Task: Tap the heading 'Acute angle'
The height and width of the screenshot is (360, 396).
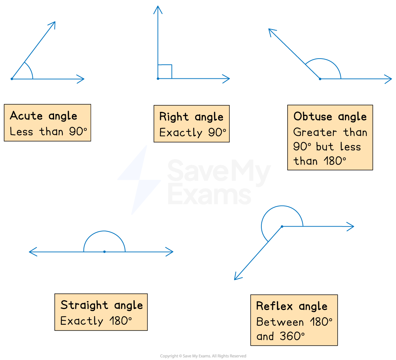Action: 44,116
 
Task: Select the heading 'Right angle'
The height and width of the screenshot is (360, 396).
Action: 191,117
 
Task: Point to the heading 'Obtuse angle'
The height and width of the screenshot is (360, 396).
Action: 330,117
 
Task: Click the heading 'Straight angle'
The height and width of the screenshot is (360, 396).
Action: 102,305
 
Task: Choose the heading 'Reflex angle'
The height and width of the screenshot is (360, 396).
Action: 292,306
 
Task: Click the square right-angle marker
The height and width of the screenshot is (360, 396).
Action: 165,72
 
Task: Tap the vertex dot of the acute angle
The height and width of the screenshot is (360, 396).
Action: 12,79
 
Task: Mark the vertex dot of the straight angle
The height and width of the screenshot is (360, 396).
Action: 104,252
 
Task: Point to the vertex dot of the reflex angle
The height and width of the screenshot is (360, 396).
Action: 282,226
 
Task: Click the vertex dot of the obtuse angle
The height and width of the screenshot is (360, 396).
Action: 320,79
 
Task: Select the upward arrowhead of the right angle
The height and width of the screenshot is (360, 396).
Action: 158,9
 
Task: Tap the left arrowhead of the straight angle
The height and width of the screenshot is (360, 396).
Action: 32,252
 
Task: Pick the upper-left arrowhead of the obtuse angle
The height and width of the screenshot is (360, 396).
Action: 271,32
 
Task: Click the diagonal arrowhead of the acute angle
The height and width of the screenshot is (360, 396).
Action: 53,24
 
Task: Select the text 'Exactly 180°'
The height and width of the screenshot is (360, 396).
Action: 96,321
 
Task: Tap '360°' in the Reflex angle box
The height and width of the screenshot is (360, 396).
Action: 291,336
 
